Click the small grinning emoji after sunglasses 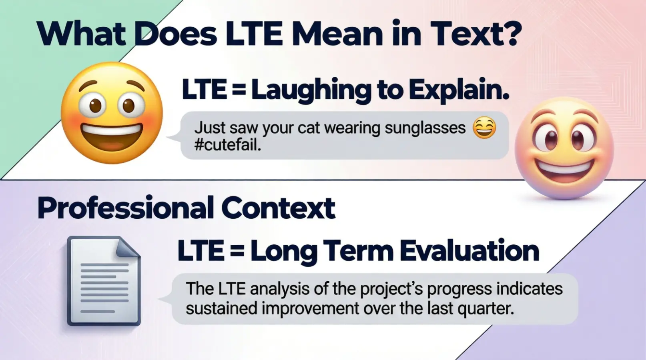click(x=484, y=128)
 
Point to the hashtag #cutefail click(x=227, y=145)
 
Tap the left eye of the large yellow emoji click(x=95, y=105)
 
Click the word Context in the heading click(x=278, y=208)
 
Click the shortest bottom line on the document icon click(x=97, y=311)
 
